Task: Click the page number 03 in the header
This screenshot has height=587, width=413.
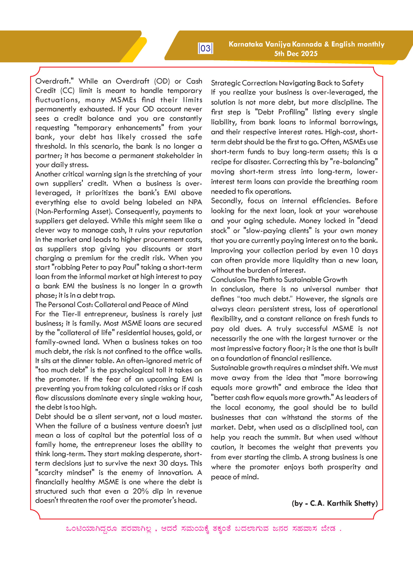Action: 206,48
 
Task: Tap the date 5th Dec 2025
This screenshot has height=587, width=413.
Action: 296,54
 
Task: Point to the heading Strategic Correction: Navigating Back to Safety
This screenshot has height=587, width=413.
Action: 287,83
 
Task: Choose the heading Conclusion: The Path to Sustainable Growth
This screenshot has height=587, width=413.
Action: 279,280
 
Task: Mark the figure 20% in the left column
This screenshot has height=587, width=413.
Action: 139,491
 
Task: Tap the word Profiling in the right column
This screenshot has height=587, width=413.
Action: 292,112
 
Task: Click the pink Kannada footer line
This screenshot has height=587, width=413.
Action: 204,529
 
